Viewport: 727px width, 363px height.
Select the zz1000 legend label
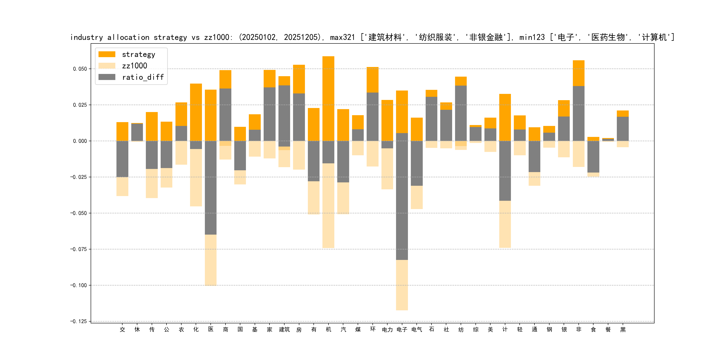click(135, 66)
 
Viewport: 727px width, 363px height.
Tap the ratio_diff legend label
click(143, 77)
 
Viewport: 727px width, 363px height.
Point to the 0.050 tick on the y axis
click(80, 69)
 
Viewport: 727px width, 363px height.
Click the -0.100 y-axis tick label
click(79, 285)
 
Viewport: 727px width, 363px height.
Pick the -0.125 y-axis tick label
click(79, 322)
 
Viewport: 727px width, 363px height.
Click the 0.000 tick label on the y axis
click(80, 141)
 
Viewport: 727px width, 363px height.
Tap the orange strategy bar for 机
click(328, 99)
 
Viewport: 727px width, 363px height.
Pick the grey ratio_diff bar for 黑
click(623, 129)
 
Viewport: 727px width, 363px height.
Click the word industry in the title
click(87, 37)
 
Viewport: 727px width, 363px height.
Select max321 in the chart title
click(342, 37)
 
